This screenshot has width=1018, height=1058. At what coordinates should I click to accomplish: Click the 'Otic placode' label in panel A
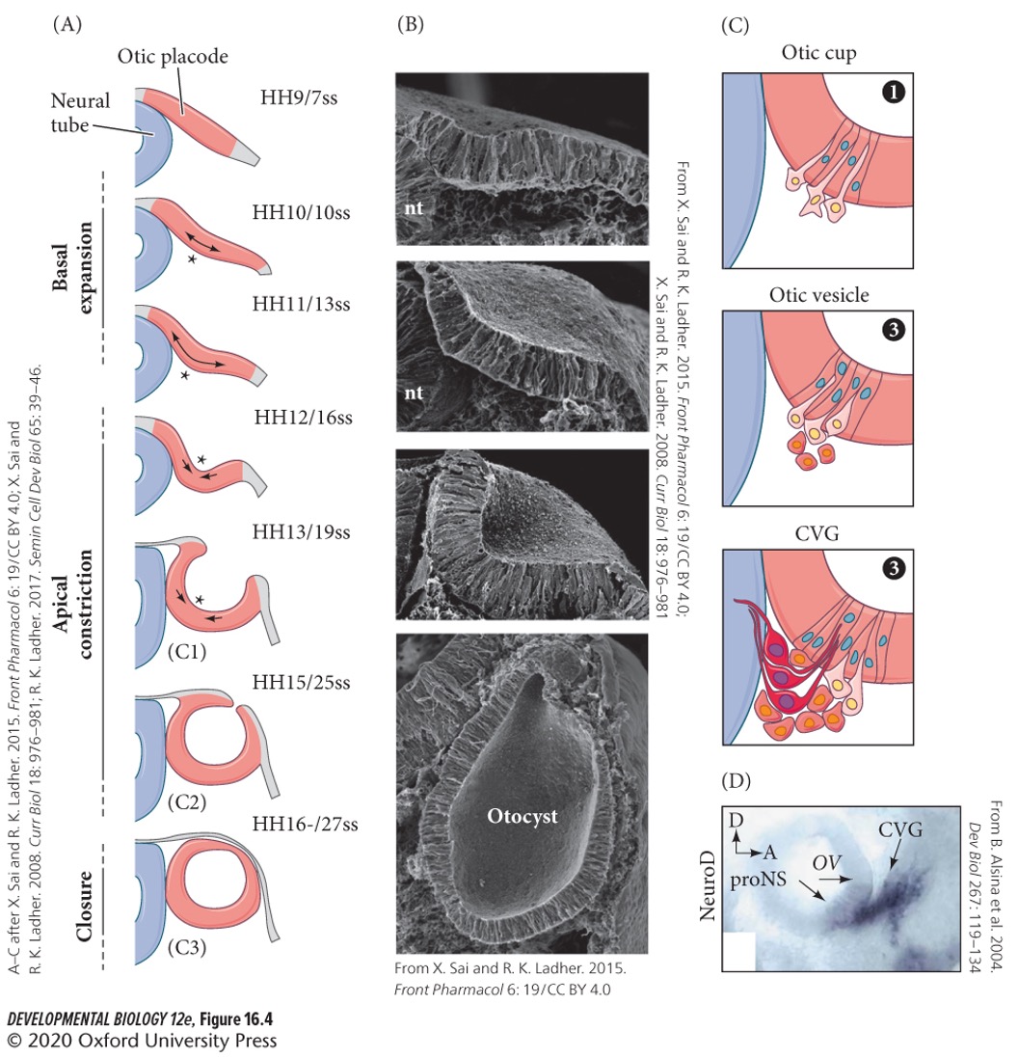(173, 56)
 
